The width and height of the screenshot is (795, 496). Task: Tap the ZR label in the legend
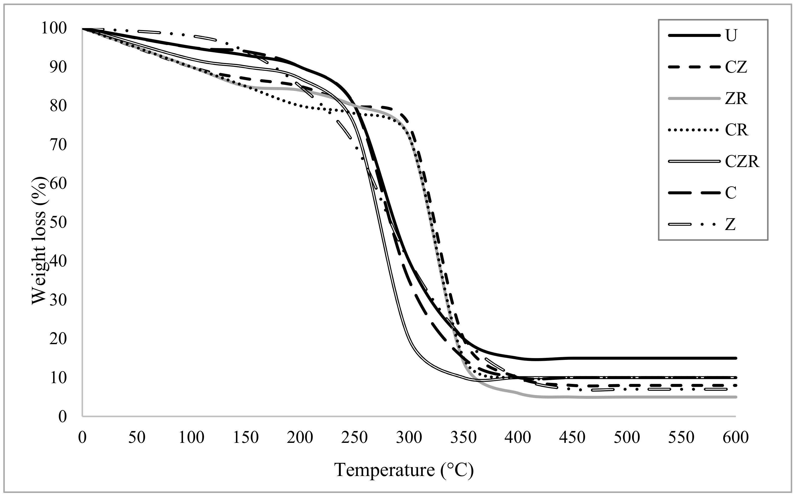pos(736,98)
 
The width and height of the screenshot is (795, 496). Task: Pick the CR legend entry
pos(736,130)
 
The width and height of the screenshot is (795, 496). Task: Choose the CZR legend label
pos(742,161)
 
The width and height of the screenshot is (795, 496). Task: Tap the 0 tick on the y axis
pos(62,417)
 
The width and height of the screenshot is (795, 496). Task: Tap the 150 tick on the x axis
pos(246,438)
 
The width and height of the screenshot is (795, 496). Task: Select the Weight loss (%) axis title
pos(39,241)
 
